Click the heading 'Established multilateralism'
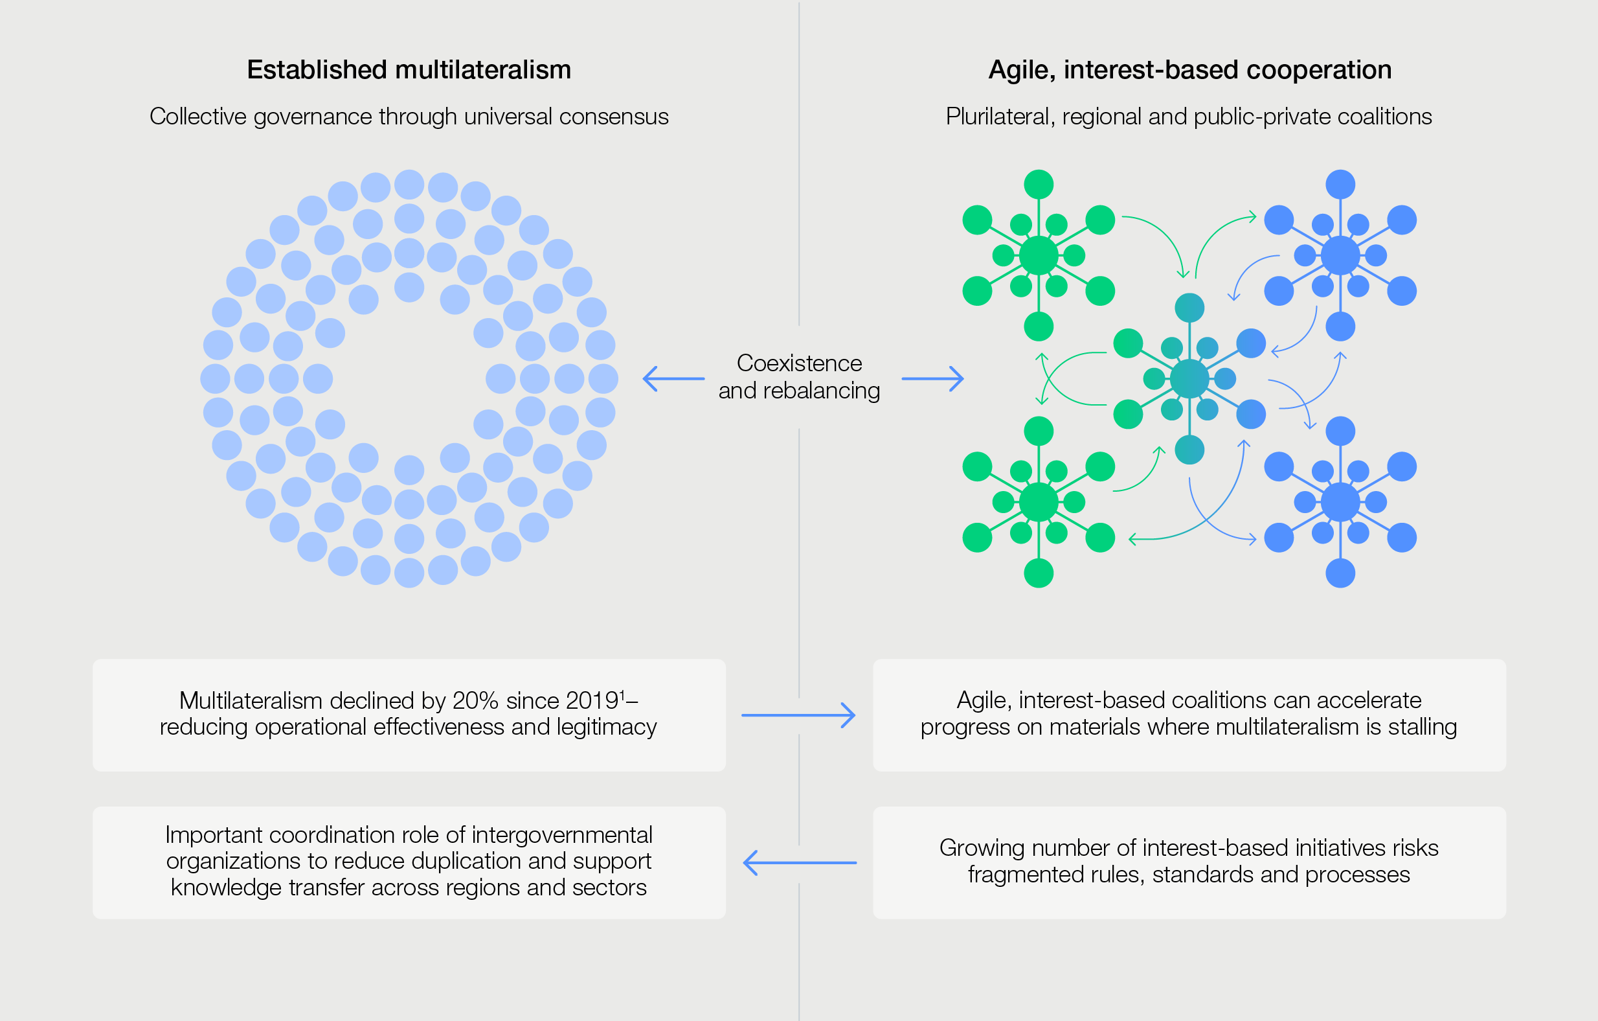coord(409,70)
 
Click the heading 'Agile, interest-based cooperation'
coord(1189,70)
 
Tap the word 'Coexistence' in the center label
coord(799,363)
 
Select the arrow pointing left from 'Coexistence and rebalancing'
coord(673,379)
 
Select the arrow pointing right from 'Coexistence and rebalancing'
coord(932,379)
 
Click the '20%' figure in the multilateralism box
coord(475,701)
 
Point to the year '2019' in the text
coord(592,701)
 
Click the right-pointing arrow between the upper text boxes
coord(798,715)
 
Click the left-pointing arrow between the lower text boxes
coord(800,863)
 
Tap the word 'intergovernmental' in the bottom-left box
coord(562,835)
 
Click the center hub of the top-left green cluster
coord(1039,256)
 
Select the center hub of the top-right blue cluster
coord(1340,256)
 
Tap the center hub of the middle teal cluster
coord(1189,379)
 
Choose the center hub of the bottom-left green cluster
coord(1039,503)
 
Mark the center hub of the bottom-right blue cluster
coord(1340,503)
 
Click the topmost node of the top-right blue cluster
coord(1340,185)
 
